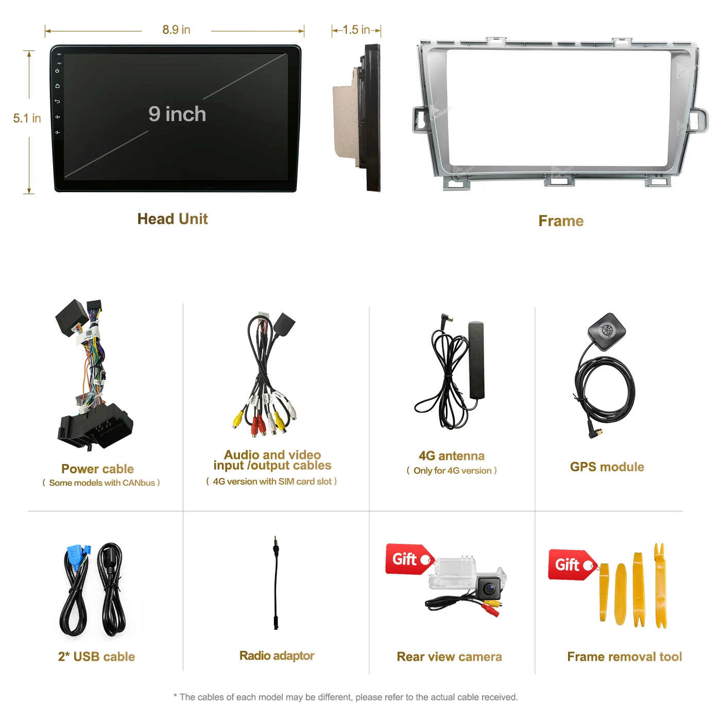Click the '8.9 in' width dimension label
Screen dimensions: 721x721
click(176, 30)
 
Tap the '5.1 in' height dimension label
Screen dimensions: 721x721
click(27, 118)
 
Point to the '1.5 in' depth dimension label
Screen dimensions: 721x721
click(356, 30)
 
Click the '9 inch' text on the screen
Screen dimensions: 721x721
click(177, 114)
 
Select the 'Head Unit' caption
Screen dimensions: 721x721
click(173, 219)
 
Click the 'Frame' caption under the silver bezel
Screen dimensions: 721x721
click(561, 221)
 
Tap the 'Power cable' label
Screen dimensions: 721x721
click(97, 469)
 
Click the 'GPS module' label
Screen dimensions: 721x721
click(607, 467)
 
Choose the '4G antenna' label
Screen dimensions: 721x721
click(452, 456)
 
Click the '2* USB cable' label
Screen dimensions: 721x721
click(96, 657)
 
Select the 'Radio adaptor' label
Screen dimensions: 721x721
click(277, 656)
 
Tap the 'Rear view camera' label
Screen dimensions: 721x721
click(449, 657)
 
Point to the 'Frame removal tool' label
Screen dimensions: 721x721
click(624, 657)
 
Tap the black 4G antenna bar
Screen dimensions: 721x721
click(476, 360)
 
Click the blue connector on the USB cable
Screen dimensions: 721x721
click(77, 556)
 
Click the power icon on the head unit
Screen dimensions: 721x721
click(57, 71)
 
